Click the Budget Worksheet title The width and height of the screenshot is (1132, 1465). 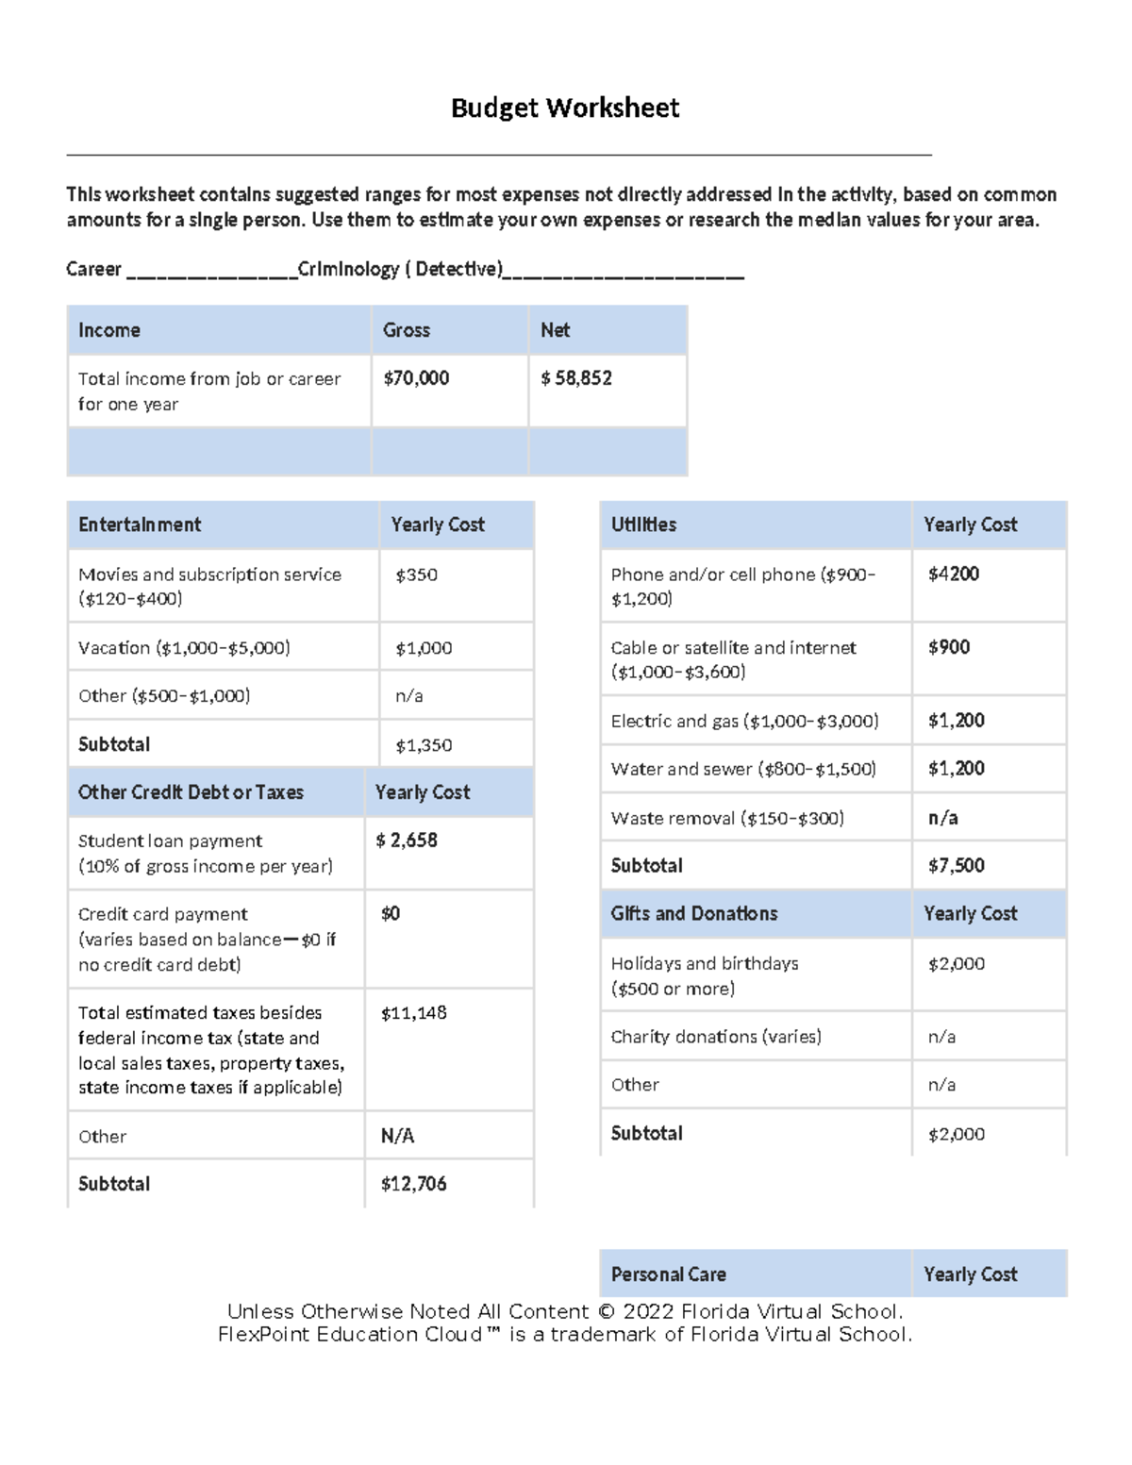coord(564,108)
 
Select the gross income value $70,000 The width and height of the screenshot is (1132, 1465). coord(416,378)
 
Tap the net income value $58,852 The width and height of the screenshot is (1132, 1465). coord(576,378)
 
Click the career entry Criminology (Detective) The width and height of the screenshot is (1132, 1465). coord(400,270)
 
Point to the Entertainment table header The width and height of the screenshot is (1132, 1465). coord(140,524)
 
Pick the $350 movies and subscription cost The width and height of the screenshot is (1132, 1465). coord(416,574)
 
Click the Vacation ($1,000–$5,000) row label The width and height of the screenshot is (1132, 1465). coord(184,648)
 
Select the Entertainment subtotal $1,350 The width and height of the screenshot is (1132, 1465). coord(424,745)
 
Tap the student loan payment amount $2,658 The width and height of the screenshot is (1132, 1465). coord(407,841)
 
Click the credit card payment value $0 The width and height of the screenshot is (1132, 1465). coord(391,913)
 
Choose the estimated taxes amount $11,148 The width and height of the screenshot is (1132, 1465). coord(414,1013)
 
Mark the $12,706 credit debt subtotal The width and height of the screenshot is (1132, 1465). coord(414,1184)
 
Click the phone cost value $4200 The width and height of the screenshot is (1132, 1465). coord(954,574)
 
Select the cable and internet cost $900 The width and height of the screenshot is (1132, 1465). coord(949,647)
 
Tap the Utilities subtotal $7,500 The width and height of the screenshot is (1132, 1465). coord(957,865)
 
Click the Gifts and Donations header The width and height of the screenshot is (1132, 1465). coord(694,913)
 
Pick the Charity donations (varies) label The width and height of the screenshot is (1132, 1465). coord(716,1037)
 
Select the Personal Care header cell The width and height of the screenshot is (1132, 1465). coord(669,1274)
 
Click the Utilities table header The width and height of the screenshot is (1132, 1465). coord(643,524)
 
